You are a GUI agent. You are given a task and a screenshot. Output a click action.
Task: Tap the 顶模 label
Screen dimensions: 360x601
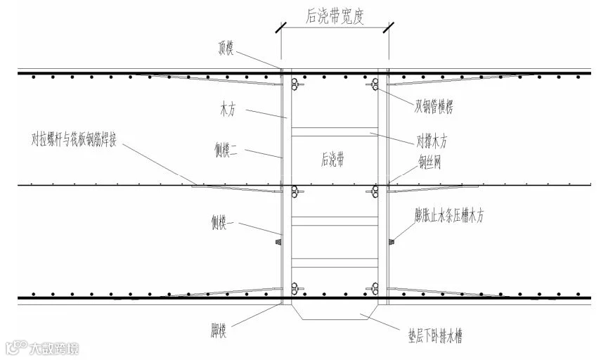[230, 48]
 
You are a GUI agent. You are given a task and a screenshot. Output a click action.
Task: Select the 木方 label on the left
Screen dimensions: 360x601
[228, 109]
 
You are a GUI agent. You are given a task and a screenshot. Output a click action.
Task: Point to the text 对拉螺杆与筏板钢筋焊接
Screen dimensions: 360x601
[77, 138]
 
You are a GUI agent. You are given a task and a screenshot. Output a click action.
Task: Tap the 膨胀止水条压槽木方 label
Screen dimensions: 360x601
[453, 216]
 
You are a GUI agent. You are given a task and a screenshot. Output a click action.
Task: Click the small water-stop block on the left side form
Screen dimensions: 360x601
[278, 242]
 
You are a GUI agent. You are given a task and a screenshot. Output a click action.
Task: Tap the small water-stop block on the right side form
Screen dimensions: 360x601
[392, 242]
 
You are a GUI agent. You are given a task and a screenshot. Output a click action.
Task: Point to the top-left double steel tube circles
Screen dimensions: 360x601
[294, 86]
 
